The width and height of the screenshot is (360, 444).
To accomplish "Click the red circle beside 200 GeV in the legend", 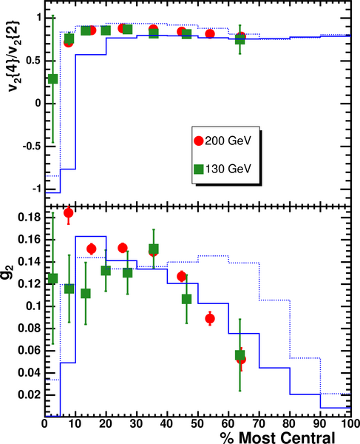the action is (199, 141).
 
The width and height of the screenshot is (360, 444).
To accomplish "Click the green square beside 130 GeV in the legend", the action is (199, 169).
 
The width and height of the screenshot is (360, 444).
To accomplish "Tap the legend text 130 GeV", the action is (228, 169).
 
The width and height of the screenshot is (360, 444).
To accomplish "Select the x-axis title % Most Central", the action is (277, 438).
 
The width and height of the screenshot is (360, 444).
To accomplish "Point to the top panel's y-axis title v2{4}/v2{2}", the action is (13, 56).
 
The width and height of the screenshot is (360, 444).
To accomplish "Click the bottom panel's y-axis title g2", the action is (12, 272).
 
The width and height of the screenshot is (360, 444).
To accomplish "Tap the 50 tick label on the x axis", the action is (197, 424).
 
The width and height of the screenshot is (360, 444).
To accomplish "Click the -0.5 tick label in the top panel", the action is (31, 147).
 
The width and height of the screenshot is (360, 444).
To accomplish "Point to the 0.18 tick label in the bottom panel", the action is (30, 218).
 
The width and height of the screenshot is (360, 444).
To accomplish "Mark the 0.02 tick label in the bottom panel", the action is (30, 394).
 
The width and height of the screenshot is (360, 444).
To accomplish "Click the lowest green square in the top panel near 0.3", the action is (53, 78).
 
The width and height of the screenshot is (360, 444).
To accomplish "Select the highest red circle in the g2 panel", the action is (69, 213).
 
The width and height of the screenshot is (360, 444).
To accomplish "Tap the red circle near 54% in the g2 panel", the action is (210, 319).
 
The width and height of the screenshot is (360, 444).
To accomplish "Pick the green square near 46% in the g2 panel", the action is (186, 299).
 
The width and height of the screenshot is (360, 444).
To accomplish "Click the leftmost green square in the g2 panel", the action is (53, 278).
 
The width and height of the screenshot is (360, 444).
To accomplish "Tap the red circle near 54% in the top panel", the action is (210, 34).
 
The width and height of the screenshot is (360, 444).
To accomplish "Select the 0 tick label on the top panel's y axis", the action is (38, 104).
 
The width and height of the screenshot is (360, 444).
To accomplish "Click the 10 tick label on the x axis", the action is (75, 424).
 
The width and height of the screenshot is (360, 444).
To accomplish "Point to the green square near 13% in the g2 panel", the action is (86, 294).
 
